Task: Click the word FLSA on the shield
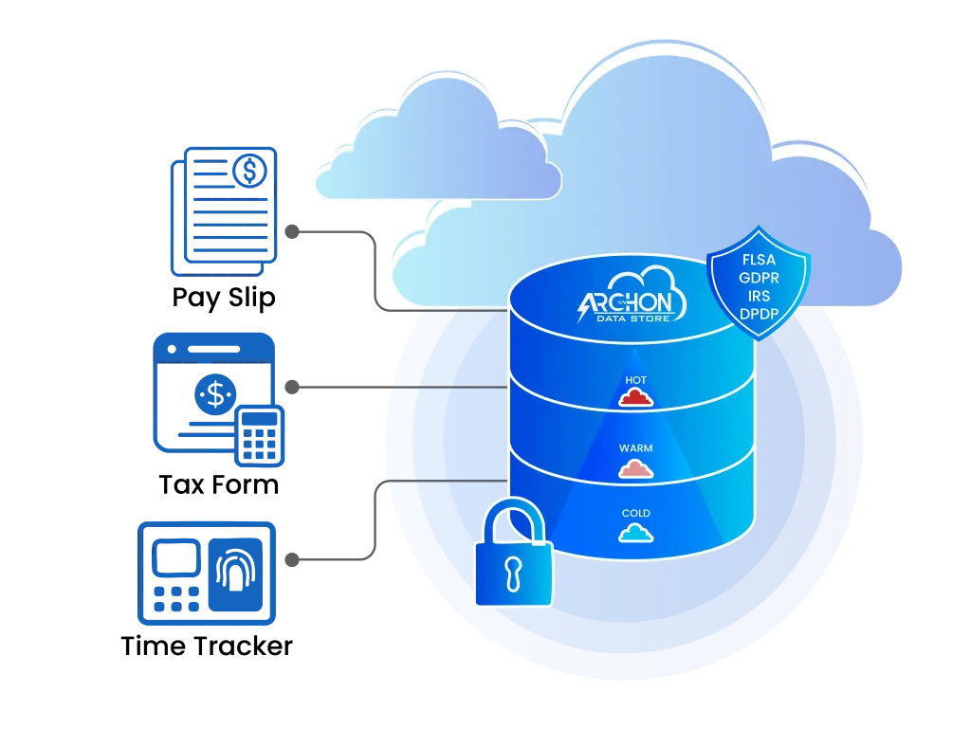[x=760, y=260]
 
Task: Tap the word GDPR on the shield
[x=760, y=277]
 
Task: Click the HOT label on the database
[x=635, y=380]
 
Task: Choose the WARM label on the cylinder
[x=635, y=447]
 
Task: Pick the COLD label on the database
[x=635, y=514]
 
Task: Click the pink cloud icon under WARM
[x=635, y=467]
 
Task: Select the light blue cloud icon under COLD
[x=635, y=533]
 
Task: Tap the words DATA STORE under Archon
[x=637, y=319]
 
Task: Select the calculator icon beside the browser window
[x=260, y=435]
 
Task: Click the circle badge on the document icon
[x=250, y=170]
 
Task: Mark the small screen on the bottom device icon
[x=174, y=558]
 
